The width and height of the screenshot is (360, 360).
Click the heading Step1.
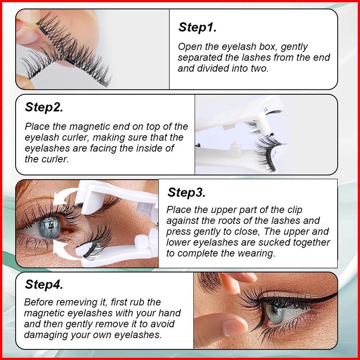197,27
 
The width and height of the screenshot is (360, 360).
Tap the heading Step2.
44,107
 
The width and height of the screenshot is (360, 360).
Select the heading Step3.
186,192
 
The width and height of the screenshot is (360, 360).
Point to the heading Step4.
44,284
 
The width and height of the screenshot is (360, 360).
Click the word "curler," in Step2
74,137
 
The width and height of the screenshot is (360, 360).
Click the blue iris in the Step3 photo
50,226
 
